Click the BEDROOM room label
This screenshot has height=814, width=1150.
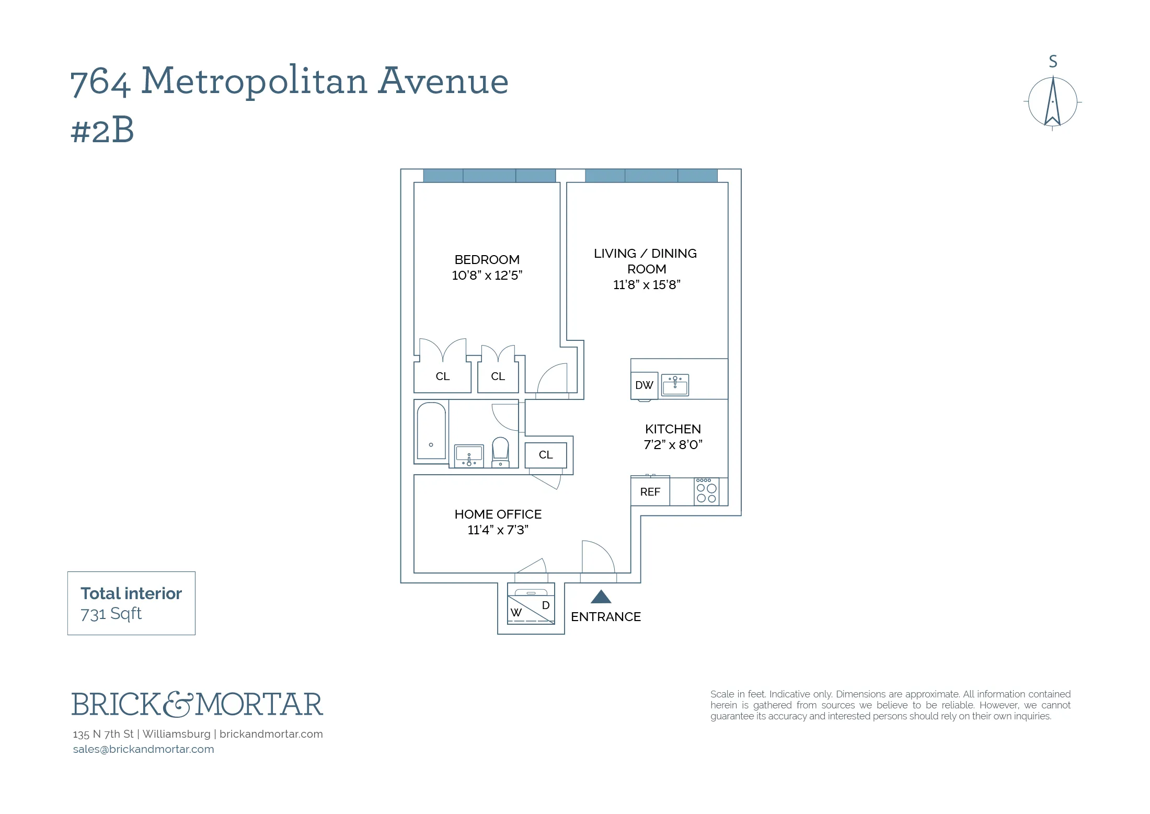487,260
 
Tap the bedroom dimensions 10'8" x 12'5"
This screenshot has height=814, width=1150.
487,276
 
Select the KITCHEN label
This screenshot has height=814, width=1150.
672,429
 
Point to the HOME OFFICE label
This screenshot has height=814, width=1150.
498,514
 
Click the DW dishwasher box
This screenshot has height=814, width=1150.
644,385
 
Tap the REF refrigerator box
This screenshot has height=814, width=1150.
650,492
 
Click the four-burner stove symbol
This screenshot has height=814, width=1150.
706,491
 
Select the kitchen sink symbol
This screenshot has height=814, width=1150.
675,385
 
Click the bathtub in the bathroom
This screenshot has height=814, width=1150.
431,431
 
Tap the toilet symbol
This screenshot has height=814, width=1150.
500,451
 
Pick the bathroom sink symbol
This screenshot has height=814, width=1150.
469,456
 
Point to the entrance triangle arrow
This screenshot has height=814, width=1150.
601,597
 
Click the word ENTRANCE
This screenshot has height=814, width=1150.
605,617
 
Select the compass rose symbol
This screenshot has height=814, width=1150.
1052,102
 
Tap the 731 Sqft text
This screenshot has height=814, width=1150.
111,614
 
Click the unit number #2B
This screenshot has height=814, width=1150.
102,130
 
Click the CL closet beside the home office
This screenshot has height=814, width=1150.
545,455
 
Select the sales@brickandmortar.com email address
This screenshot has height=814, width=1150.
143,749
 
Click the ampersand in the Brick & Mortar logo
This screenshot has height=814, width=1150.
178,704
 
